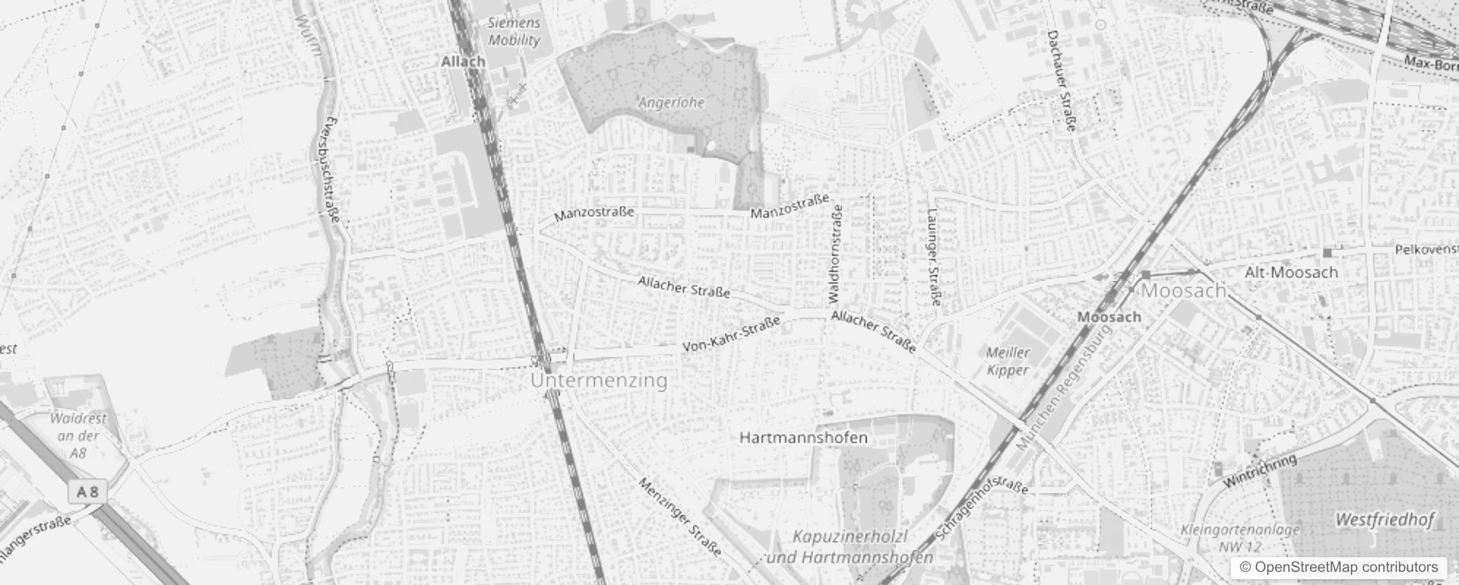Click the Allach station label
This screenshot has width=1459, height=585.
point(463,61)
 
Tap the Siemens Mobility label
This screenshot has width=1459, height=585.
point(514,31)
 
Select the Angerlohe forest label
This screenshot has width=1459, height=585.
point(671,102)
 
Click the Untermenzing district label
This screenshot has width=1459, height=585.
point(599,380)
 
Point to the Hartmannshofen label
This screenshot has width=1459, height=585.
point(803,438)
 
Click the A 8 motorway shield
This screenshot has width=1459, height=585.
point(88,492)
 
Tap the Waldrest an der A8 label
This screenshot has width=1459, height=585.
point(78,436)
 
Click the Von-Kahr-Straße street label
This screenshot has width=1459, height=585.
point(730,336)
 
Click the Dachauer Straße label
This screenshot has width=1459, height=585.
point(1061,81)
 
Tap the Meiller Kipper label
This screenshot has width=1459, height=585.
point(1008,361)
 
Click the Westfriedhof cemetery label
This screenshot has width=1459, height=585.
point(1384,520)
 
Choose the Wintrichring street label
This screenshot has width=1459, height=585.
point(1259,470)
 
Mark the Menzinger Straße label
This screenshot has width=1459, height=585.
point(680,516)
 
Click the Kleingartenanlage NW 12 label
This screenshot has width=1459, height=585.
point(1240,537)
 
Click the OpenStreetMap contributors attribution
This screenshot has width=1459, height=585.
point(1338,567)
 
